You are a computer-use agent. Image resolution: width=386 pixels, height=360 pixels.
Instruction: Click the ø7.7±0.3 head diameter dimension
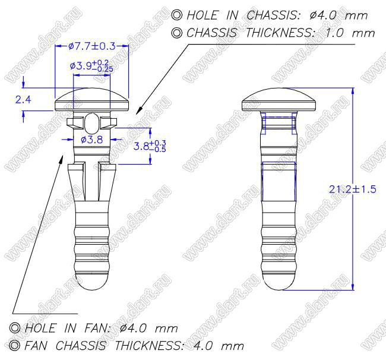tap(92, 46)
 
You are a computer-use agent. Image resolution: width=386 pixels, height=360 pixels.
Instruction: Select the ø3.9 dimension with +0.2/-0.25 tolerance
tap(91, 66)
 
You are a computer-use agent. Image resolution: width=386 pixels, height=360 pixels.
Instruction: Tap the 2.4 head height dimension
tap(23, 100)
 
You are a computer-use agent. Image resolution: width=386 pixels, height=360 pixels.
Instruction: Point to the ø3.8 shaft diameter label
tap(92, 140)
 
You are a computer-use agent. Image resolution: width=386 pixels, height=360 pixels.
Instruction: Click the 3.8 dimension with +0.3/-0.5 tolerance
tap(150, 146)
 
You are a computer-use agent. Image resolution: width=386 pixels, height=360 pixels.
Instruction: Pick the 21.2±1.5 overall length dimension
tap(353, 190)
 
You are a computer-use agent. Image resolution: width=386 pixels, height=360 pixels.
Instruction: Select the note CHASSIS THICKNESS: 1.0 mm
tap(281, 33)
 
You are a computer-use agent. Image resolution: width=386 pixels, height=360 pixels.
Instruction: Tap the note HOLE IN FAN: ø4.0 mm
tap(101, 329)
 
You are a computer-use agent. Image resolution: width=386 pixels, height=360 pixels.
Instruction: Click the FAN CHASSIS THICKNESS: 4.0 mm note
tap(134, 346)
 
